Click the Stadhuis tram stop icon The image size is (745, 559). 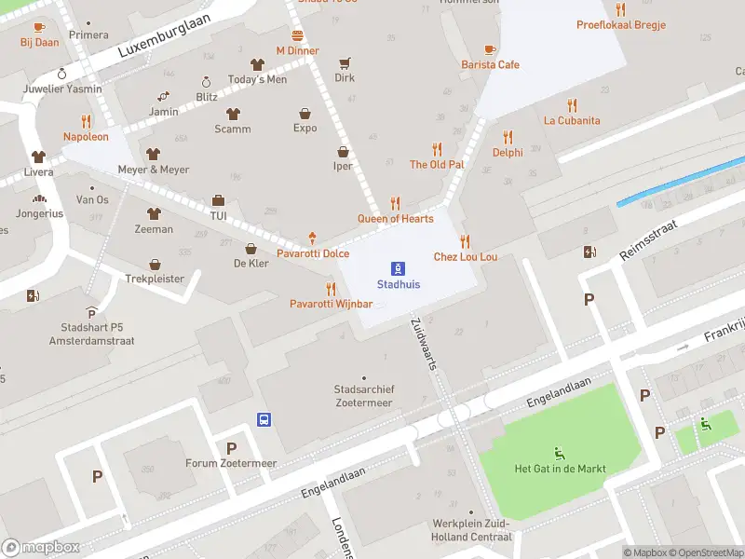pos(398,267)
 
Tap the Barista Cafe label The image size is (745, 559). pos(490,65)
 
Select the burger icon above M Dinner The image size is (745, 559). pos(297,34)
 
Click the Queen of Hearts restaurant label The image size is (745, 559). pos(395,219)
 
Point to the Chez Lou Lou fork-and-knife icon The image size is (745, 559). pos(465,241)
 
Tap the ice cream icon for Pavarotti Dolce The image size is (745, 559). pos(312,239)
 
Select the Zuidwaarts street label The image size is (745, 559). pos(424,344)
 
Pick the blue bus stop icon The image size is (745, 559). pos(264,419)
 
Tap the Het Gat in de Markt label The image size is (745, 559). pos(560,469)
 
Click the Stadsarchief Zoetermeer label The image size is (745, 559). pos(363,396)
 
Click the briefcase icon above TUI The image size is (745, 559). pos(218,200)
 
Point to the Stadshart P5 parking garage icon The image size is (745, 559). pos(91,313)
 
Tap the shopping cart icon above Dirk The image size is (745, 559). pos(345,63)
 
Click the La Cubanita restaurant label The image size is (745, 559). pos(572,120)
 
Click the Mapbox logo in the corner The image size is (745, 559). pos(41,548)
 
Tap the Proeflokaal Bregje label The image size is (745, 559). pos(620,25)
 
